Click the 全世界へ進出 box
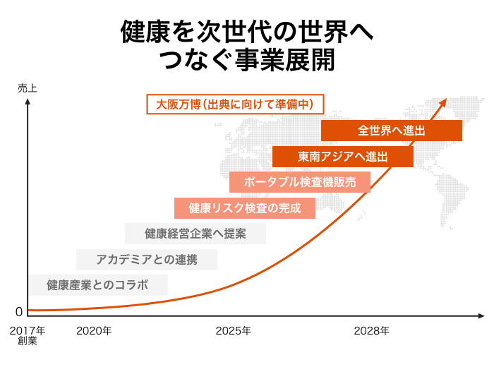392,131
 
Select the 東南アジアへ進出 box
343,157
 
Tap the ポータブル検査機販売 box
300,182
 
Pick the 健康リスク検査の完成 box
245,208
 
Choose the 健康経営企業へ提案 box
195,234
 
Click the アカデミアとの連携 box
147,260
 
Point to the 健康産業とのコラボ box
98,285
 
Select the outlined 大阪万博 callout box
234,104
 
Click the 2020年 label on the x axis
94,330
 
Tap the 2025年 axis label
234,330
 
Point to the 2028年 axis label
372,330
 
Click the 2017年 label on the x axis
28,330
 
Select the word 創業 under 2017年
28,342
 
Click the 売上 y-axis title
28,88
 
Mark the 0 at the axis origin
20,312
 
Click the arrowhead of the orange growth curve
444,102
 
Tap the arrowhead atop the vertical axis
28,102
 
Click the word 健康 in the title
137,32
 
